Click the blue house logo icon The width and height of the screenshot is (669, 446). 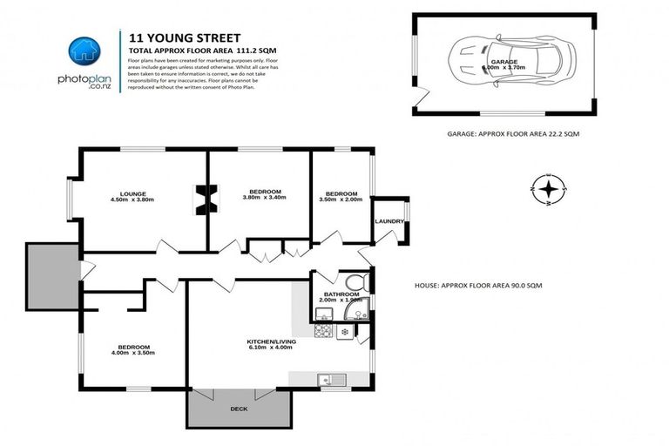[x=84, y=51]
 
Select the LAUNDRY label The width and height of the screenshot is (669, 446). [x=389, y=221]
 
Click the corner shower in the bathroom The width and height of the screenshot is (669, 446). [x=362, y=307]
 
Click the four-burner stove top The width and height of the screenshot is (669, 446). [x=322, y=331]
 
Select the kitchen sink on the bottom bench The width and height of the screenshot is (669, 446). [x=332, y=379]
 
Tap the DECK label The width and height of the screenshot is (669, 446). [x=239, y=408]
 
